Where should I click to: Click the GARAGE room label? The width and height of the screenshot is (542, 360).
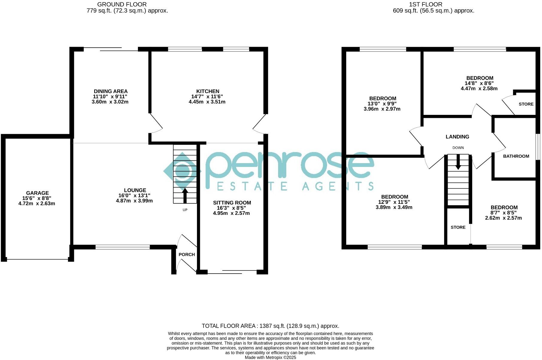(37, 193)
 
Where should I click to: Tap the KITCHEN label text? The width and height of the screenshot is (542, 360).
(207, 91)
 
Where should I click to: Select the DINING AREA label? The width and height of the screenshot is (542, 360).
(111, 91)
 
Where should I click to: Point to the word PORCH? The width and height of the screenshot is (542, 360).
(187, 255)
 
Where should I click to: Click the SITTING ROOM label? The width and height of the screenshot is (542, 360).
(232, 203)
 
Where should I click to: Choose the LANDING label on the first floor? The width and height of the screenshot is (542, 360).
(457, 137)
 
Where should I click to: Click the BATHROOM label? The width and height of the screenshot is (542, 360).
(516, 156)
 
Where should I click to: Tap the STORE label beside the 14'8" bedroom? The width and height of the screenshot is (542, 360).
(526, 104)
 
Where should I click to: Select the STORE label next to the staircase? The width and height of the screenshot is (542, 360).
(458, 227)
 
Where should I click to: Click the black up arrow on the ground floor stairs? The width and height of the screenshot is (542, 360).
(185, 195)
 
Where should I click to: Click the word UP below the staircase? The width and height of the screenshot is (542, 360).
(185, 210)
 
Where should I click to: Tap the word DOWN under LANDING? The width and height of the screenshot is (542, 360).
(458, 148)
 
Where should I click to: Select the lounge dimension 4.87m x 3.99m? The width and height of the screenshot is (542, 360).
(134, 201)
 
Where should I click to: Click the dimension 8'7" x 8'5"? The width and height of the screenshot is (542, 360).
(504, 213)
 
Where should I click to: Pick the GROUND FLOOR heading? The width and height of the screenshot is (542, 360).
(122, 4)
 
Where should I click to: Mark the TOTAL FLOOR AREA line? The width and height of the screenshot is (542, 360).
(270, 326)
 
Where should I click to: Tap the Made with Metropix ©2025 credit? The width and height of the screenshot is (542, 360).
(270, 358)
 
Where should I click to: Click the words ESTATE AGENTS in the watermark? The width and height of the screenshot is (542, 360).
(295, 186)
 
